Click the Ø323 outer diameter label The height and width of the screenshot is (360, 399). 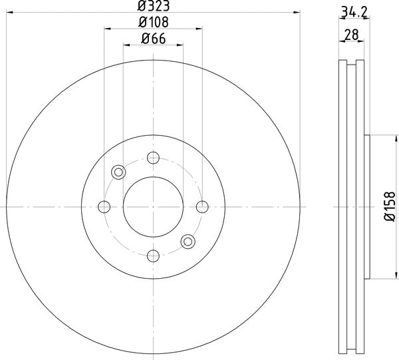153,7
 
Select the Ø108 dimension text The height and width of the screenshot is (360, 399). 153,23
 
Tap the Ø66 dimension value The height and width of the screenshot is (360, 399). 153,39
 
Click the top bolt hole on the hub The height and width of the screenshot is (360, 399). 153,158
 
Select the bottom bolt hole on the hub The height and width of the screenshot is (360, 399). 153,255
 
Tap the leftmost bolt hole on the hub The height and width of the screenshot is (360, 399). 104,206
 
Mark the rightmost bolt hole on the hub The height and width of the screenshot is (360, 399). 201,206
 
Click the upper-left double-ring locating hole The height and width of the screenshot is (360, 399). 119,172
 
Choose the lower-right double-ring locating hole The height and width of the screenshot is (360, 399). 188,241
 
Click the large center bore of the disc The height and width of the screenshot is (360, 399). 153,206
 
